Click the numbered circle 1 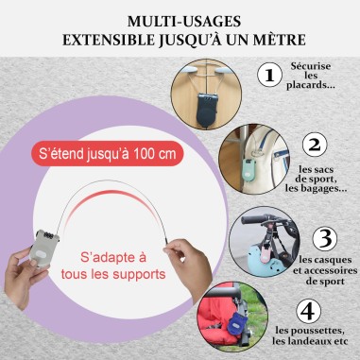tap(269, 75)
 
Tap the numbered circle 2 tap(315, 145)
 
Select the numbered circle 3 tap(325, 238)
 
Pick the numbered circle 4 tap(309, 311)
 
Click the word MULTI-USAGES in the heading tap(184, 22)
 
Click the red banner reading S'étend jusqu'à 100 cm tap(108, 154)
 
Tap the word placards tap(311, 85)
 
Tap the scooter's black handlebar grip tap(253, 219)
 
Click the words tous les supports tap(113, 274)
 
